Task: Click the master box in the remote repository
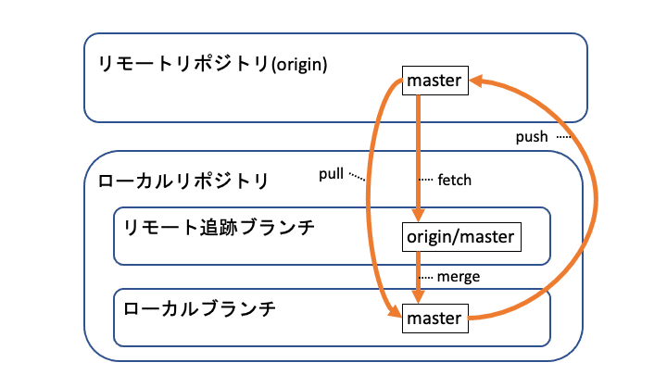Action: pos(434,81)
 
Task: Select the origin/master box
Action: pos(460,237)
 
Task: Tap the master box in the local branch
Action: pos(434,319)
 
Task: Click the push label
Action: pos(533,137)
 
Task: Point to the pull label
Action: pos(331,174)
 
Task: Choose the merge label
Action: pos(459,276)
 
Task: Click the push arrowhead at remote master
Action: pos(476,82)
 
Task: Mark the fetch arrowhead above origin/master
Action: pos(419,215)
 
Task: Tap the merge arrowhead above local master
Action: pos(419,296)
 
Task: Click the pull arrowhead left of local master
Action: pos(395,315)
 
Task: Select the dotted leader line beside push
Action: pos(563,136)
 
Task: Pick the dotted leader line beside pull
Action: pos(358,176)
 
